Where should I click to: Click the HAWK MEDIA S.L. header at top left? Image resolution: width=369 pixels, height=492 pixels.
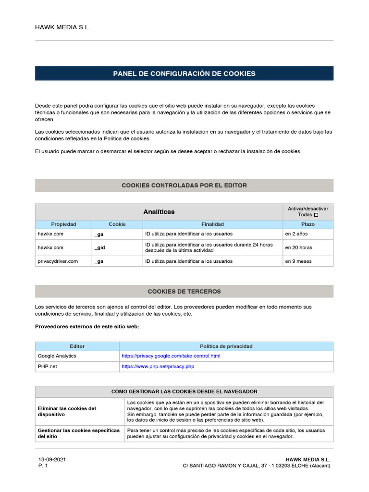(x=62, y=27)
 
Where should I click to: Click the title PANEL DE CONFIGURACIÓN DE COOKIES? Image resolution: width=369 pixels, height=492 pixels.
(x=184, y=74)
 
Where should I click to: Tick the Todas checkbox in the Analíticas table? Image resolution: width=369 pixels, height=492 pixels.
(x=316, y=215)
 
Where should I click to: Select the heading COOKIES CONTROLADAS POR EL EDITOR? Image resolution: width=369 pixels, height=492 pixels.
(x=184, y=185)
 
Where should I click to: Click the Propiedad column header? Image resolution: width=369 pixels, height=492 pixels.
(x=63, y=224)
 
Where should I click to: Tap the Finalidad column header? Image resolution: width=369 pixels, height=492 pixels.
(x=212, y=224)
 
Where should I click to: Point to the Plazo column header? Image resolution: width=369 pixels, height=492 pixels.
(x=307, y=224)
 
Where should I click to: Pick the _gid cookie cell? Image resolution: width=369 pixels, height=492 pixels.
(x=100, y=247)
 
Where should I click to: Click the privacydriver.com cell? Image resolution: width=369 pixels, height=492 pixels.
(x=58, y=261)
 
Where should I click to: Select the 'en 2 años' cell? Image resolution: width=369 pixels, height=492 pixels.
(x=296, y=234)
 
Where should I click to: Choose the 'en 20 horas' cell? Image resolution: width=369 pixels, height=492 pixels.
(x=298, y=247)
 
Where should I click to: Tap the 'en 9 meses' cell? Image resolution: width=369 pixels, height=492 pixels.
(x=298, y=261)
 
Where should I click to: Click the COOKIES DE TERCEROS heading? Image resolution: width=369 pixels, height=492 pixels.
(x=184, y=291)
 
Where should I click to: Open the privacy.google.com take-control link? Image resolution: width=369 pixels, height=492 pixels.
(x=171, y=356)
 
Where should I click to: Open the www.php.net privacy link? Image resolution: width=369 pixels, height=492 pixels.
(x=158, y=366)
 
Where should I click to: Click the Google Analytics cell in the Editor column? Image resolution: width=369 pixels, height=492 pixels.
(x=57, y=356)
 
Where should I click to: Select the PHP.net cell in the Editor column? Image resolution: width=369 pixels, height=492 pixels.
(x=47, y=366)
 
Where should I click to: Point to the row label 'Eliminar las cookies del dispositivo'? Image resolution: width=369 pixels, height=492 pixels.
(x=67, y=411)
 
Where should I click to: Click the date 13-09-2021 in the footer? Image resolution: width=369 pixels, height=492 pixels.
(x=52, y=459)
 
